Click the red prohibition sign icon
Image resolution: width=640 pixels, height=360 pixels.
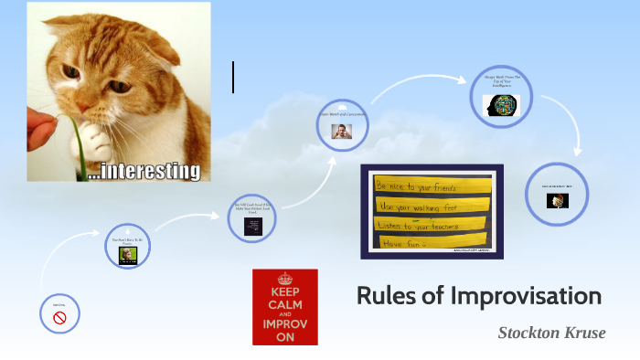coord(60,318)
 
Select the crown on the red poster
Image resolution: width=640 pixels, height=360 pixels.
coord(285,278)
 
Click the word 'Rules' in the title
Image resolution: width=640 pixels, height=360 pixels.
coord(382,297)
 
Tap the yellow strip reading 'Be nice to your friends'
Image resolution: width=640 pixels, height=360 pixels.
coord(431,185)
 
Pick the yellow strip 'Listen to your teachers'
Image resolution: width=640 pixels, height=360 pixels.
coord(431,224)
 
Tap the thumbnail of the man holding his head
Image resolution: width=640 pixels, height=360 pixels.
coord(342,130)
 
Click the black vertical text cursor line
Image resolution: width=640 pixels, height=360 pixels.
coord(233,77)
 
